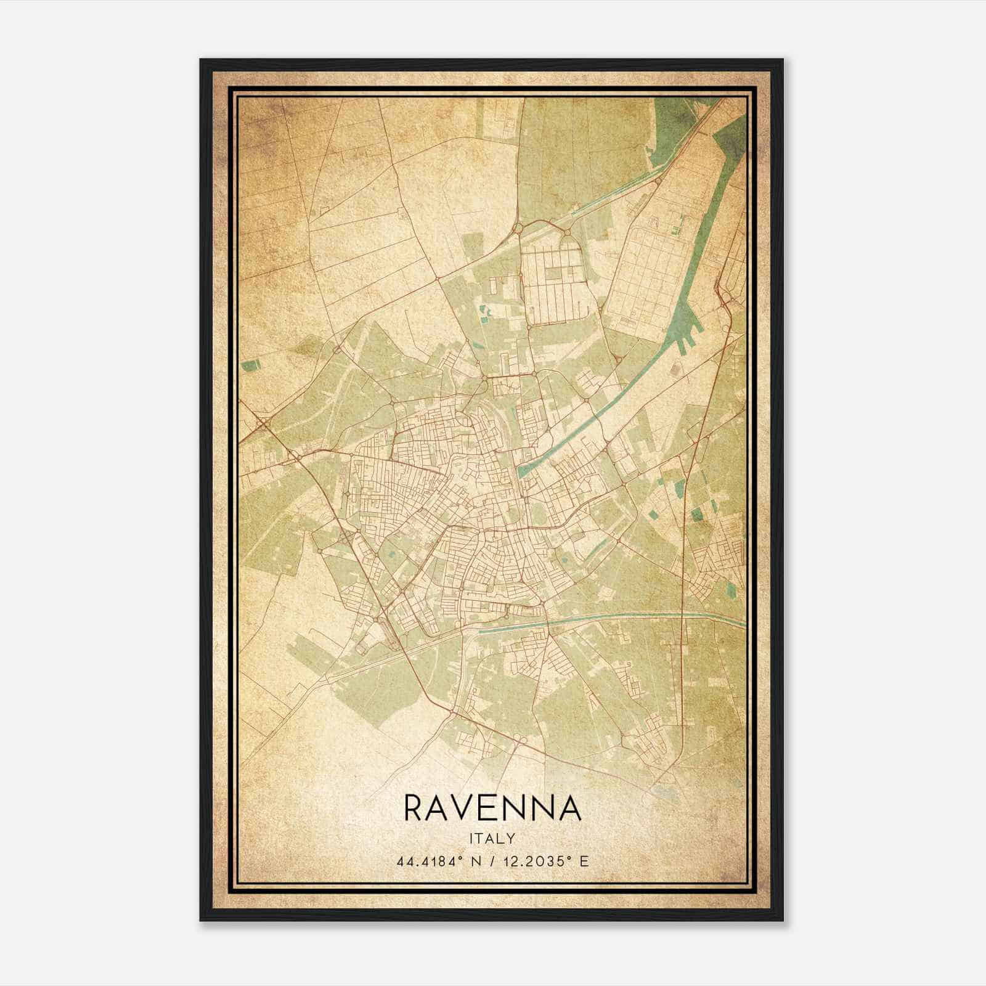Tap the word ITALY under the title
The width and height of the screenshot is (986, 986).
pyautogui.click(x=492, y=839)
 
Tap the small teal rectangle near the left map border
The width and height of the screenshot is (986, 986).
pyautogui.click(x=251, y=365)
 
